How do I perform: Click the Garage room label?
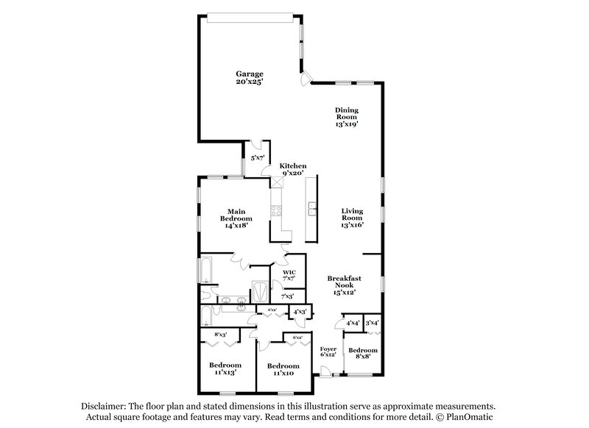[250, 77]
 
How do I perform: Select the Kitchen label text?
[292, 170]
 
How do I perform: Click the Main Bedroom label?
[236, 218]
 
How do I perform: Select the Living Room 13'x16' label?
[352, 218]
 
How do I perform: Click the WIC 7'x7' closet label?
[289, 276]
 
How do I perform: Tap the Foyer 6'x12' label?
[328, 351]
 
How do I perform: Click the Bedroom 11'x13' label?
[225, 369]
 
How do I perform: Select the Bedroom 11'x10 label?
[283, 369]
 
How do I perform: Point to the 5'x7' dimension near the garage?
[258, 157]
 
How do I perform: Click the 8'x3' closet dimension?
[220, 335]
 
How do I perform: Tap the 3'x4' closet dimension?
[373, 322]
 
